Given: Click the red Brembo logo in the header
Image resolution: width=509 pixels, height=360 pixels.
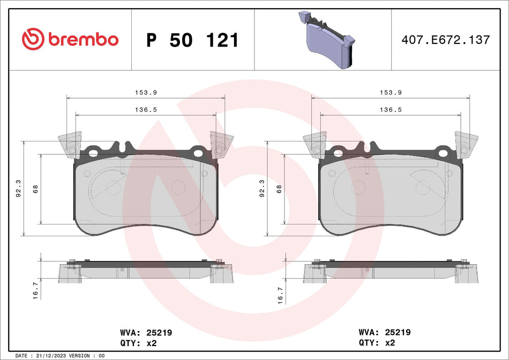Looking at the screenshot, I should [70, 40].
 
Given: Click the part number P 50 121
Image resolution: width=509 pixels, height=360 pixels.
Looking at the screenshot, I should [192, 40].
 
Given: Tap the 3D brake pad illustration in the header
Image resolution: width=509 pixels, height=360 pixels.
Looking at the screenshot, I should [324, 40].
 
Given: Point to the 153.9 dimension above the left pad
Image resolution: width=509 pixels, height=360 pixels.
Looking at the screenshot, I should [145, 92].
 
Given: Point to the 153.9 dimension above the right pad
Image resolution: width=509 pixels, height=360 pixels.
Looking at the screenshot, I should [391, 92].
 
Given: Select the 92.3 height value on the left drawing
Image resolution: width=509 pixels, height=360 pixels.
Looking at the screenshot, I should [19, 189].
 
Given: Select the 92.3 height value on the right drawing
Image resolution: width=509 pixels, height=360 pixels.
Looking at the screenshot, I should [262, 189].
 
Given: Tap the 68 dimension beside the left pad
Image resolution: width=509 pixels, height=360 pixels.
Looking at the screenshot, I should [35, 189].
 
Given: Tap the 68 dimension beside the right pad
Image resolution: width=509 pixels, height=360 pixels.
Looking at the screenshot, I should [279, 189].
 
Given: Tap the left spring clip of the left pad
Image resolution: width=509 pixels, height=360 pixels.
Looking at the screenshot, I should [69, 145].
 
